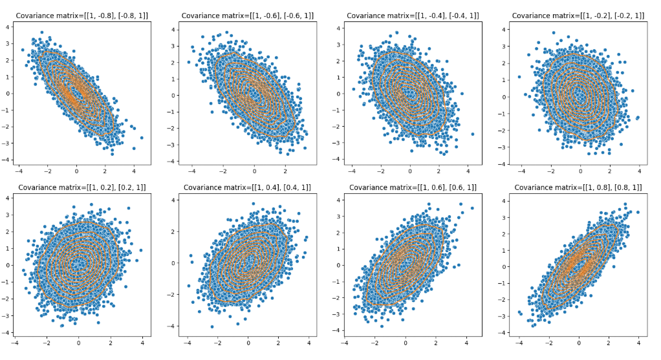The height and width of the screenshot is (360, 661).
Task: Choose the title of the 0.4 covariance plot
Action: click(x=248, y=187)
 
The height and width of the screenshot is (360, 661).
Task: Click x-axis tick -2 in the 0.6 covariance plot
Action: click(x=375, y=343)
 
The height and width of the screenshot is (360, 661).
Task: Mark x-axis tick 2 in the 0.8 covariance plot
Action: click(x=609, y=343)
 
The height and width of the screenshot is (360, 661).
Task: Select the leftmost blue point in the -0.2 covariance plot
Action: click(x=519, y=77)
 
